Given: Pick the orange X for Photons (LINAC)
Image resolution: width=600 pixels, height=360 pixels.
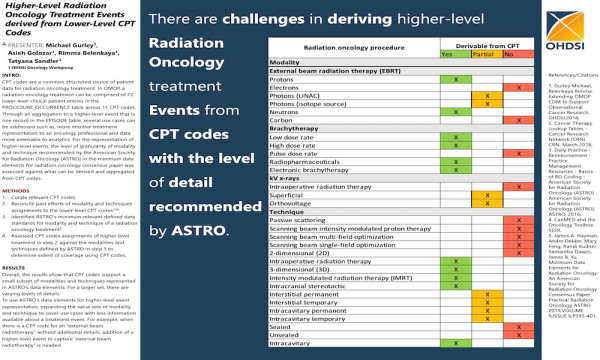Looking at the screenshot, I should point(488,96).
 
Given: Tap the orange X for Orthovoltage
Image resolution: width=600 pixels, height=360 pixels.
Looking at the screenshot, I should point(488,203).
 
